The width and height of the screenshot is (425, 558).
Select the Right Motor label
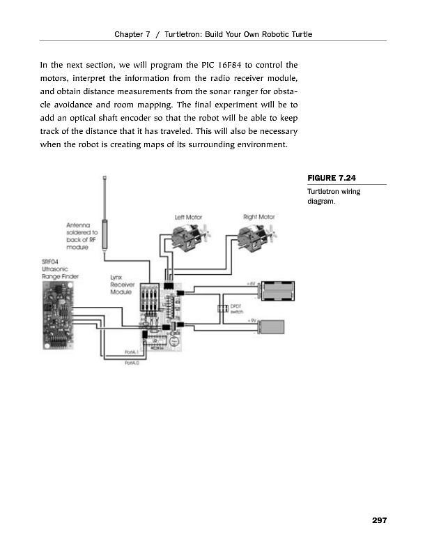(x=258, y=218)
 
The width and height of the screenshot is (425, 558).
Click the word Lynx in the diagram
(x=117, y=278)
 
